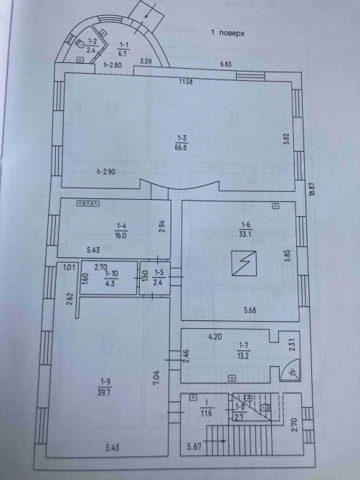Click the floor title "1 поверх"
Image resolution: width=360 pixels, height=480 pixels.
pos(227,33)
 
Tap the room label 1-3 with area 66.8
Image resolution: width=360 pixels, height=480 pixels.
pos(181,143)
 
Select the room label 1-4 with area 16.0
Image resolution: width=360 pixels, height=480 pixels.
pos(121,231)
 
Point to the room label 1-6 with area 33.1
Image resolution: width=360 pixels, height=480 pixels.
pos(246,229)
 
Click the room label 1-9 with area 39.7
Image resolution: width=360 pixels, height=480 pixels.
pos(104,388)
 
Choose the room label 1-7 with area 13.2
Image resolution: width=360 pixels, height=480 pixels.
pos(243,350)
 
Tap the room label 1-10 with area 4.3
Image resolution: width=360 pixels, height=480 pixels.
pos(110,278)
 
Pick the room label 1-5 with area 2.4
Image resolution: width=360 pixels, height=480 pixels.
pos(158,277)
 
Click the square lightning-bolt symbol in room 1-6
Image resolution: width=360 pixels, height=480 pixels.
pos(244,264)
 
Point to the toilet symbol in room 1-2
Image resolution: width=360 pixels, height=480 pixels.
pos(80,44)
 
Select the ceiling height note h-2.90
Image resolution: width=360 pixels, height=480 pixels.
pos(105,172)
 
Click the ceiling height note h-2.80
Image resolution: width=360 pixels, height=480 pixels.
pos(113,65)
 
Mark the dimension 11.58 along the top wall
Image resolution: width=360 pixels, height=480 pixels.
pos(186,82)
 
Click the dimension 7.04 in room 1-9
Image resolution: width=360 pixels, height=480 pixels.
pos(156,378)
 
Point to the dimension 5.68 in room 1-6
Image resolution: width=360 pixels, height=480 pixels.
pos(250,310)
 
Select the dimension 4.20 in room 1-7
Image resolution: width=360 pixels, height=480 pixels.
pos(214,337)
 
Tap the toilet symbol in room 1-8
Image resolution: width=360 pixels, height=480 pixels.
pos(265,408)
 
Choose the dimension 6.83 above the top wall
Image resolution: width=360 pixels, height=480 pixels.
pos(225,64)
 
